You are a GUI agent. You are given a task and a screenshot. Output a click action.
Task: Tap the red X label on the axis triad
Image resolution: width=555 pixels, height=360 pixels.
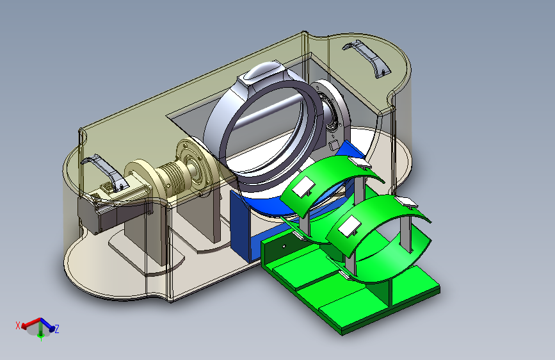point(18,325)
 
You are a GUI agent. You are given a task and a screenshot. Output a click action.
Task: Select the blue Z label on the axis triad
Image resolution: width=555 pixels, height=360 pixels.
point(56,329)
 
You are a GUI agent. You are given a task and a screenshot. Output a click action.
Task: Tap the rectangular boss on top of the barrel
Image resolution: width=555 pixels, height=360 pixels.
point(261,76)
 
